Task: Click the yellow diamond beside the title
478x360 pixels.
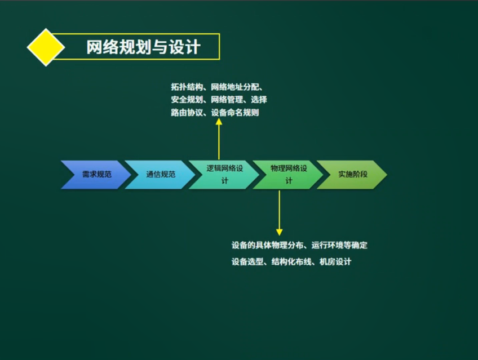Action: point(46,47)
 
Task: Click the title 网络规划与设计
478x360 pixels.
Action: point(143,47)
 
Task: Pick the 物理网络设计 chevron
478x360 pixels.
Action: point(288,174)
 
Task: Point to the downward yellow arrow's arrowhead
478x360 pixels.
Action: point(278,232)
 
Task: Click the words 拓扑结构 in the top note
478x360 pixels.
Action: point(186,87)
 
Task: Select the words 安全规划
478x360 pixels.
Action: point(186,100)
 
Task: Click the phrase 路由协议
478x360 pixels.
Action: point(186,113)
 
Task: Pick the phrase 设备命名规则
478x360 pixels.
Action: point(235,113)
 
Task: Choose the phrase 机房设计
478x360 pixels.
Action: point(335,262)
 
